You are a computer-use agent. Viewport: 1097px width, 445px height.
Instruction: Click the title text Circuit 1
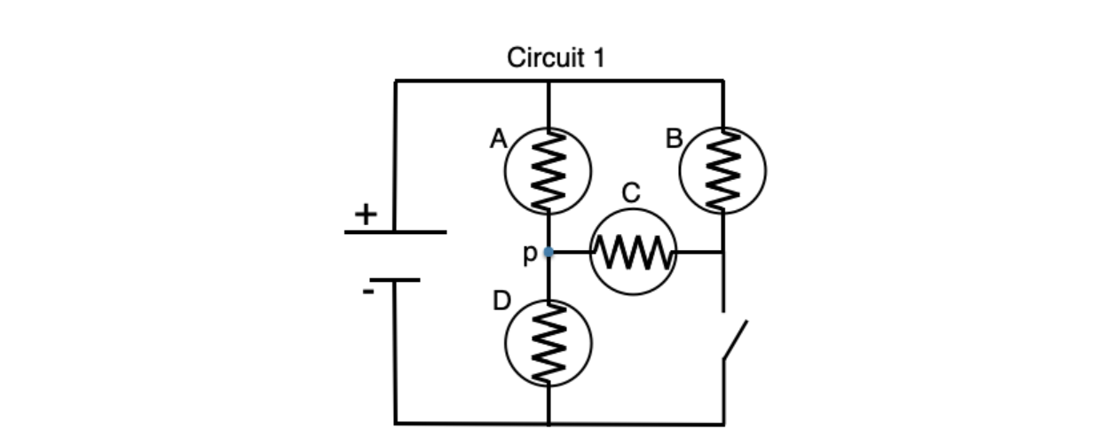pos(556,59)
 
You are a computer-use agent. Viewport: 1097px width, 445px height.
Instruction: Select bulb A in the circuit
pos(548,170)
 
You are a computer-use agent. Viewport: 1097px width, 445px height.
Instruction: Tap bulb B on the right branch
pos(722,170)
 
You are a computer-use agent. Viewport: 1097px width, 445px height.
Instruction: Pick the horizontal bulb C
pos(634,253)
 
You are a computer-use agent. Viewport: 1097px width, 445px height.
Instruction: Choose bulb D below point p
pos(548,343)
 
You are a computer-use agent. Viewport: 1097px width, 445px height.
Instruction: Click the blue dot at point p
pos(548,253)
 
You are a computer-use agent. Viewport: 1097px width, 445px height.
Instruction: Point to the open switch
pos(734,339)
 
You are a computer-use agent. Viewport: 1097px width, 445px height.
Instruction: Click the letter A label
pos(498,139)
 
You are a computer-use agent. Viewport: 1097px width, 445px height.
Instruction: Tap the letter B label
pos(675,139)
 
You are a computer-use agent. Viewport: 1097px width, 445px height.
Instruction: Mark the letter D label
pos(501,301)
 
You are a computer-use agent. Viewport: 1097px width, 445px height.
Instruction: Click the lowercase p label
pos(529,254)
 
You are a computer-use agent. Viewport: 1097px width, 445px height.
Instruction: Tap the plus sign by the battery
pos(365,214)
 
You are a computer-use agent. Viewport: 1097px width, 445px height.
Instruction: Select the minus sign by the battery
pos(367,291)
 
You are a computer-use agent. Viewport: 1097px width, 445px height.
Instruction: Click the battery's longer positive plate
pos(395,232)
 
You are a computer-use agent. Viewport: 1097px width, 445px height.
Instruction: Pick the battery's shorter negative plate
pos(395,280)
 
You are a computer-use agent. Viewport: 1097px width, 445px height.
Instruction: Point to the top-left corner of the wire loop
pos(396,82)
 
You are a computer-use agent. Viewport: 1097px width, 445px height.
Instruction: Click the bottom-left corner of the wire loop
pos(396,423)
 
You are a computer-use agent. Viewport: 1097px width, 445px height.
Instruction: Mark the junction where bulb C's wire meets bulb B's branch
pos(723,253)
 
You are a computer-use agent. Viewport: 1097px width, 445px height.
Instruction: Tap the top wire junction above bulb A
pos(548,82)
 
